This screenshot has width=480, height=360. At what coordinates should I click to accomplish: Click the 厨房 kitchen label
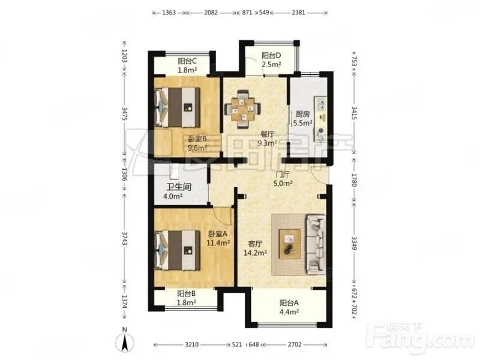pyautogui.click(x=302, y=115)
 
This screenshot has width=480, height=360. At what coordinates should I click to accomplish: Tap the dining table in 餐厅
pyautogui.click(x=243, y=109)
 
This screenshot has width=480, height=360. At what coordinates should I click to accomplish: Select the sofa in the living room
pyautogui.click(x=316, y=244)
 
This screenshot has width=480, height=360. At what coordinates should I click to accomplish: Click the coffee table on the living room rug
pyautogui.click(x=290, y=244)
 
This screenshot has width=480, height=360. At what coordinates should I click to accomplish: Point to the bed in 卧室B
pyautogui.click(x=178, y=107)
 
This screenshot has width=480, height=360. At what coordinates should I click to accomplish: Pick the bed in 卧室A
pyautogui.click(x=178, y=250)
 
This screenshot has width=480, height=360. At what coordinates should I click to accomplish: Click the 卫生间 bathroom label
pyautogui.click(x=179, y=187)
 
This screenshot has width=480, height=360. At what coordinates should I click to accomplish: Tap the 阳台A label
pyautogui.click(x=289, y=303)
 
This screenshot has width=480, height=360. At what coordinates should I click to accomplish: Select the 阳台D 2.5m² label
pyautogui.click(x=271, y=60)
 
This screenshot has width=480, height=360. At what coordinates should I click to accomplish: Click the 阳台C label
pyautogui.click(x=187, y=61)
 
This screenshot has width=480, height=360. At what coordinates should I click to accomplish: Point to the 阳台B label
pyautogui.click(x=187, y=294)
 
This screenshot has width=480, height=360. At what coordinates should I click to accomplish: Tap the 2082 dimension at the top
pyautogui.click(x=211, y=13)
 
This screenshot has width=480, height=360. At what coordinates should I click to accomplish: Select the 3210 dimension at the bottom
pyautogui.click(x=191, y=344)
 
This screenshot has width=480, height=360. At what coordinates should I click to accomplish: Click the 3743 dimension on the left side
pyautogui.click(x=124, y=238)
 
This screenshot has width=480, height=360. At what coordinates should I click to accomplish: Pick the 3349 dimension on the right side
pyautogui.click(x=354, y=243)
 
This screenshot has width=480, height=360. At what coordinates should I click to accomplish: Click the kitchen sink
pyautogui.click(x=321, y=103)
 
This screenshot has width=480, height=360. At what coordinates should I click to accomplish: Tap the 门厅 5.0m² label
pyautogui.click(x=283, y=179)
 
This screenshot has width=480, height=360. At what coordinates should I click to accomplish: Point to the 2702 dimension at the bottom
pyautogui.click(x=295, y=344)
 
